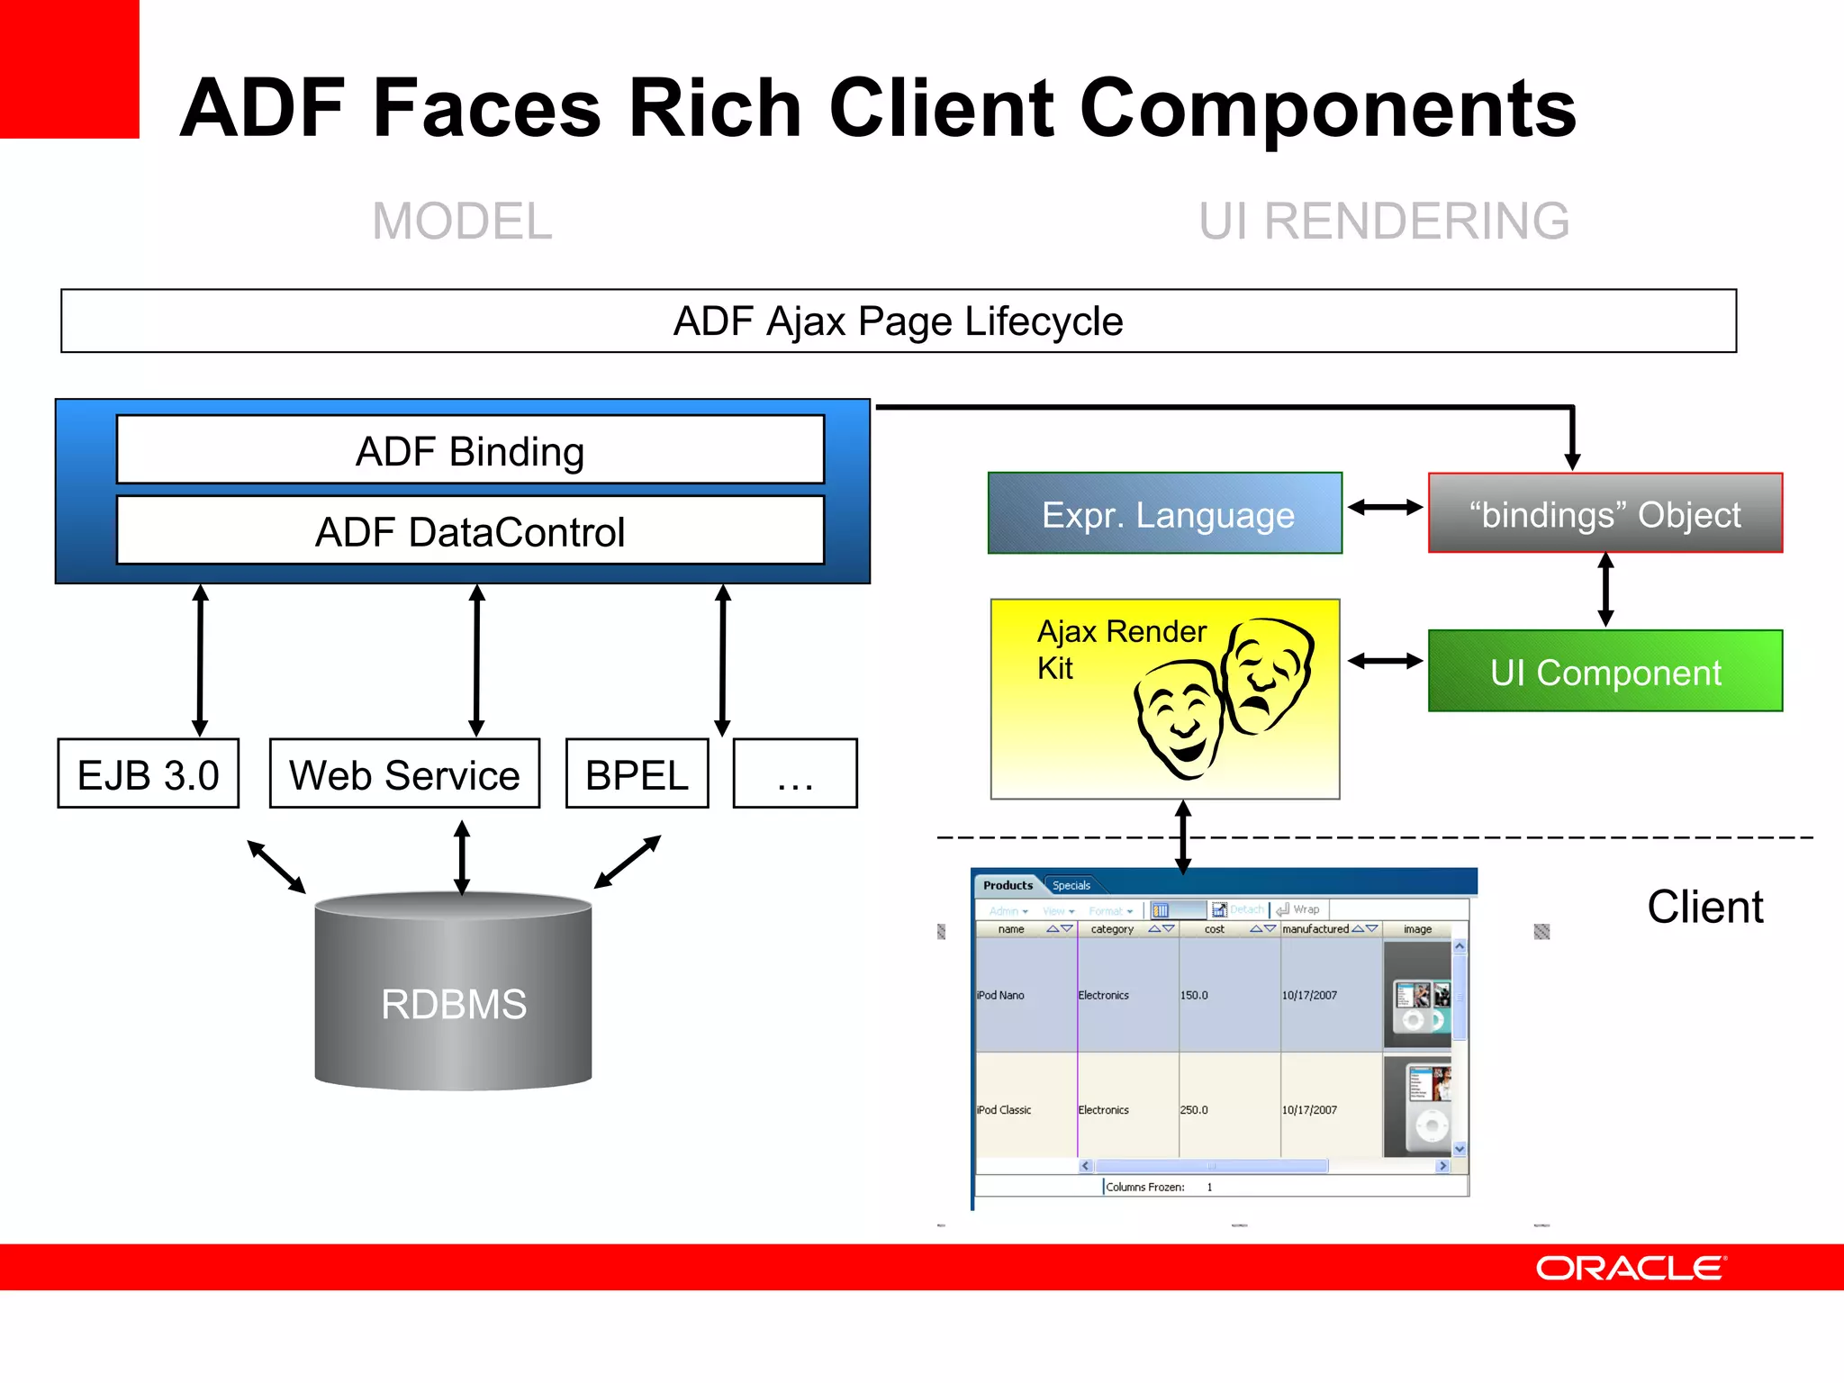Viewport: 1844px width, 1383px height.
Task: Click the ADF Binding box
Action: (470, 450)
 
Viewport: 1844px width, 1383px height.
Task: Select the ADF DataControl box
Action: (470, 531)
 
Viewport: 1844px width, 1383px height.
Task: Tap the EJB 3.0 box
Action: (149, 774)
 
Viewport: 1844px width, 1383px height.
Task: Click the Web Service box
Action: (404, 774)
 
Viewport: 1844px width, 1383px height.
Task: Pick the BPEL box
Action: (637, 774)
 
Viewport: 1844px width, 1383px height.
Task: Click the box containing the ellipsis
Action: (795, 774)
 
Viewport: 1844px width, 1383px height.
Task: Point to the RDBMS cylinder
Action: (453, 995)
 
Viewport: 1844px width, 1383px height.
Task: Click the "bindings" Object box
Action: (1604, 513)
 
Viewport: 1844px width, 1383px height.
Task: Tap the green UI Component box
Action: (1604, 672)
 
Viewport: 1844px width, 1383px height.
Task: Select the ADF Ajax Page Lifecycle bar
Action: (899, 321)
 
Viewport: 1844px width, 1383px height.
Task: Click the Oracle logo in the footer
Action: (1631, 1268)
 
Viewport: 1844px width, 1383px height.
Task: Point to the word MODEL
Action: (462, 221)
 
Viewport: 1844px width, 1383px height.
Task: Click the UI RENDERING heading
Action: (1384, 221)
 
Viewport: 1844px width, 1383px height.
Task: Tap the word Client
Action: (1704, 907)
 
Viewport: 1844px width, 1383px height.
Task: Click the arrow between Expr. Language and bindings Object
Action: (1385, 508)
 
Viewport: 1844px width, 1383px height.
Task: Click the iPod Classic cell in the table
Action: (1004, 1110)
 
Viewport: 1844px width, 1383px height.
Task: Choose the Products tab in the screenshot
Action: (1008, 885)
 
